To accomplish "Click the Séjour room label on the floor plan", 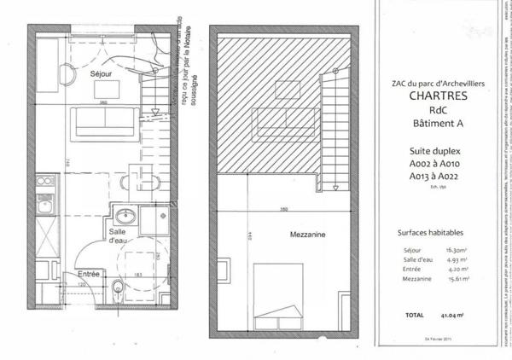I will click(102, 75).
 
